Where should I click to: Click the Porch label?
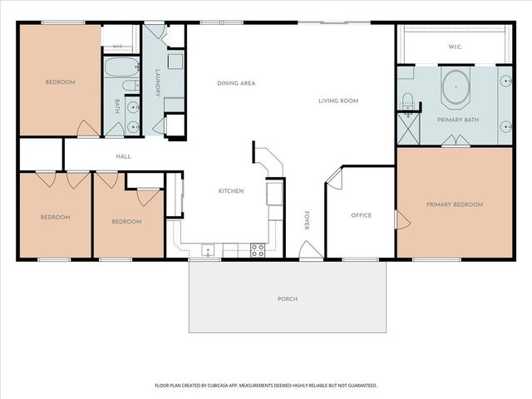[x=288, y=299]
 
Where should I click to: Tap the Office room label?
[x=362, y=215]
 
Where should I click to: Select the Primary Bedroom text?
[x=455, y=204]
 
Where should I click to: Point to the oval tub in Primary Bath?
[x=456, y=87]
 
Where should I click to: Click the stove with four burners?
[x=258, y=250]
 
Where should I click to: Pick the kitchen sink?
[x=208, y=250]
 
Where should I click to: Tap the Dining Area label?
[x=236, y=83]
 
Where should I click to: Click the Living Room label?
[x=338, y=101]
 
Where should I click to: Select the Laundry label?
[x=157, y=83]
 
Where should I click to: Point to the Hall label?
[x=124, y=157]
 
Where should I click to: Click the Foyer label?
[x=307, y=220]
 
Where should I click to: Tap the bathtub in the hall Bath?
[x=121, y=67]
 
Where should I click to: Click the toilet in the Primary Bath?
[x=406, y=101]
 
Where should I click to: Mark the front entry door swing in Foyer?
[x=311, y=249]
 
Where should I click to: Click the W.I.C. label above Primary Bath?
[x=455, y=47]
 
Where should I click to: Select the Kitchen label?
[x=231, y=191]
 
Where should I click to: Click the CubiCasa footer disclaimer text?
[x=266, y=386]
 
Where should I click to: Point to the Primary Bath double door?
[x=456, y=140]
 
